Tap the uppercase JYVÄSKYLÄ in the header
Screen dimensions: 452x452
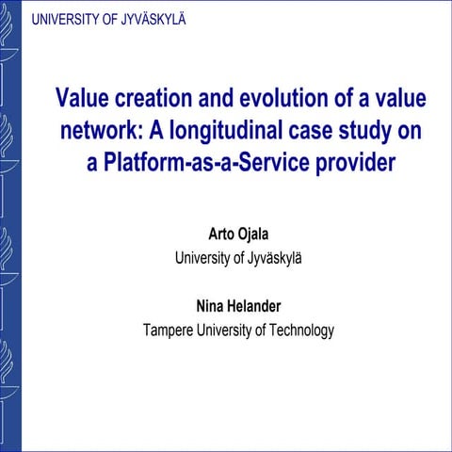[152, 17]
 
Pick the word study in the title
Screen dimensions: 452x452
[376, 130]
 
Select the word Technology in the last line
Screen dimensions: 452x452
[301, 330]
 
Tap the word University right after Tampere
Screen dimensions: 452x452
[222, 330]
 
